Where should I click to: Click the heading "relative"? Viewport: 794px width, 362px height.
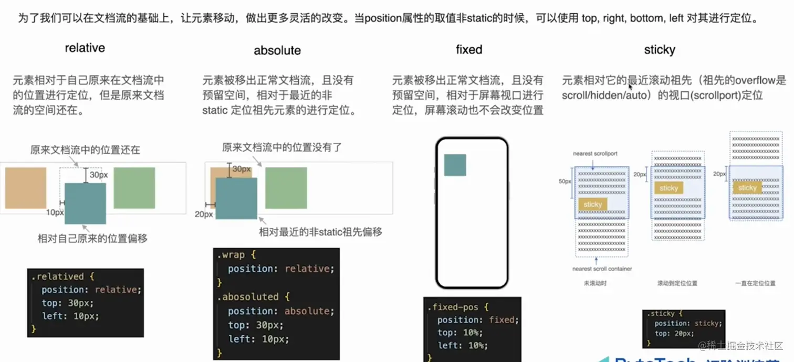pyautogui.click(x=85, y=48)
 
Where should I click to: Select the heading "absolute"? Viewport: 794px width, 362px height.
pyautogui.click(x=277, y=50)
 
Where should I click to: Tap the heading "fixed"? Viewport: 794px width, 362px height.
pyautogui.click(x=469, y=50)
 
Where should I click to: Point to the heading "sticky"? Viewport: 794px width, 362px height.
pyautogui.click(x=660, y=50)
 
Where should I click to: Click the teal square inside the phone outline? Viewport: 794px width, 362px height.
pyautogui.click(x=455, y=165)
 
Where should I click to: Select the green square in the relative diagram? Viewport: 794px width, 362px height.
pyautogui.click(x=134, y=188)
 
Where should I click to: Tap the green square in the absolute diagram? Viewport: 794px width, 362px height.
pyautogui.click(x=286, y=188)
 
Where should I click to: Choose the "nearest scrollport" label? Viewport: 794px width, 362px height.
pyautogui.click(x=595, y=154)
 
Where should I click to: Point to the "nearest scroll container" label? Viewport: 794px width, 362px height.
pyautogui.click(x=602, y=269)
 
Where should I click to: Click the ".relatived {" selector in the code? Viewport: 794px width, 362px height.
pyautogui.click(x=62, y=276)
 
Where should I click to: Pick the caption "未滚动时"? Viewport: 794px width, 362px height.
pyautogui.click(x=594, y=283)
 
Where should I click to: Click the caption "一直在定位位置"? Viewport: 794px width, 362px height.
pyautogui.click(x=755, y=283)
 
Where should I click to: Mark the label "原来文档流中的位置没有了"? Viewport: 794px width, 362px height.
pyautogui.click(x=281, y=148)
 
